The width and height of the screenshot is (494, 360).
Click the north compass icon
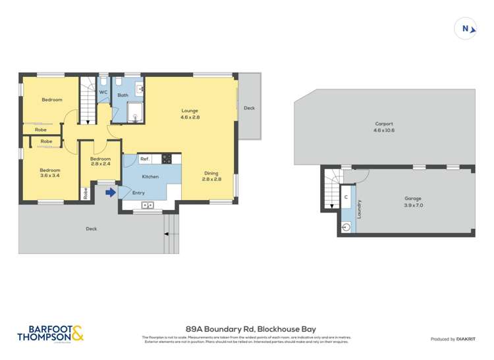(x=466, y=28)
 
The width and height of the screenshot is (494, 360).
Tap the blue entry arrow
(x=111, y=192)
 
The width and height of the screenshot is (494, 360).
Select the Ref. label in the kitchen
(x=144, y=159)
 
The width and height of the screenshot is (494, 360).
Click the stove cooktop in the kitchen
(x=167, y=159)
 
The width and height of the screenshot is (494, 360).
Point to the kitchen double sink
(x=148, y=206)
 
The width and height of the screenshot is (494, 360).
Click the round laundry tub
(x=347, y=228)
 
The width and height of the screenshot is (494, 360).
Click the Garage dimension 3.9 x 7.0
(x=413, y=205)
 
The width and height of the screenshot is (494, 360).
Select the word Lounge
(x=190, y=111)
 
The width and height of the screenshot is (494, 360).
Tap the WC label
(x=103, y=92)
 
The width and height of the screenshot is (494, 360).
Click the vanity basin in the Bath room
(x=140, y=88)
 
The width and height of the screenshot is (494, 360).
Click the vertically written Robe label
(x=86, y=193)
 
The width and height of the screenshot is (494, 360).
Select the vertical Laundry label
(x=359, y=209)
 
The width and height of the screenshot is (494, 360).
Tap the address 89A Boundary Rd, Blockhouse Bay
(x=247, y=327)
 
